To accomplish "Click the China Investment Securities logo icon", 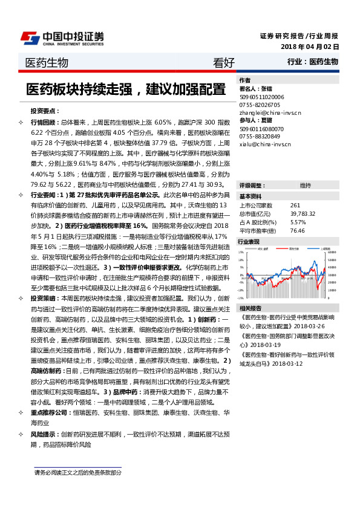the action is click(30, 37).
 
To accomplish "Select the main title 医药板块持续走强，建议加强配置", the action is click(125, 89).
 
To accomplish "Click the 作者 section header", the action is click(245, 80).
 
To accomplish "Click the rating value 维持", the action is click(305, 185).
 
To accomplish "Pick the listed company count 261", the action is click(295, 206).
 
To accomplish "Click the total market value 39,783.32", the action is click(304, 214).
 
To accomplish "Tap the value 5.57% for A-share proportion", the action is click(299, 222).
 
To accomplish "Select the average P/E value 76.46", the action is click(297, 230).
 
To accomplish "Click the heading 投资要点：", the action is click(44, 111).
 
